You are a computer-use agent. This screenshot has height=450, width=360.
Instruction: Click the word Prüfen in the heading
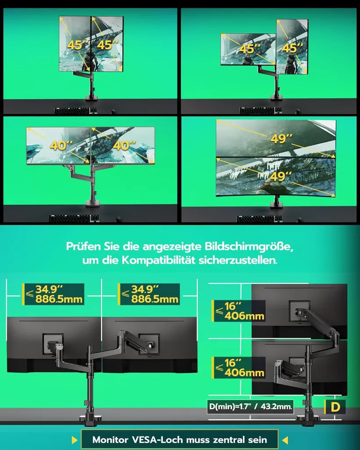click(x=84, y=247)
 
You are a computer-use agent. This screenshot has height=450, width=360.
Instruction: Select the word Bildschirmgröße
click(x=249, y=247)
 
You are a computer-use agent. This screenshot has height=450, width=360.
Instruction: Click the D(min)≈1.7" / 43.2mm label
click(x=251, y=406)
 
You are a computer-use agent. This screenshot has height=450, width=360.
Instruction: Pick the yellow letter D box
click(x=335, y=407)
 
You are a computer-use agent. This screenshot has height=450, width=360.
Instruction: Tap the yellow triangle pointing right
click(x=75, y=439)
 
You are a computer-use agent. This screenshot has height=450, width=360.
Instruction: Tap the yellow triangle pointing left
click(x=285, y=439)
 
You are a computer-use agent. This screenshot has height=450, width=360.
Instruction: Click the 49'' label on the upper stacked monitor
click(x=281, y=138)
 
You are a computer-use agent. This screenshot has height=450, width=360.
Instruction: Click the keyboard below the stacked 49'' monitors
click(x=259, y=219)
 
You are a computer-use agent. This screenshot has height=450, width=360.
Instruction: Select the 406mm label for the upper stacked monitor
click(x=244, y=316)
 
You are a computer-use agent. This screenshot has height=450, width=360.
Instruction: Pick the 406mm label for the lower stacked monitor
click(x=244, y=373)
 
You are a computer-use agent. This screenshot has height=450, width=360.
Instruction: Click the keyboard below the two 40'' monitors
click(x=74, y=218)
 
